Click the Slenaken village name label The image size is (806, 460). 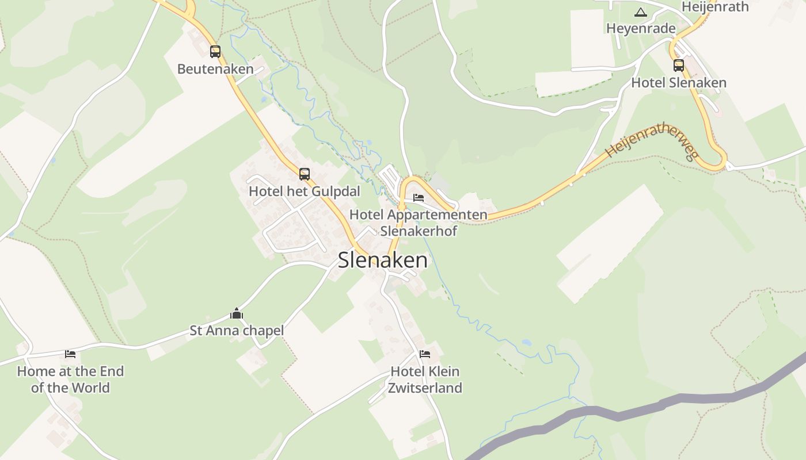tap(383, 260)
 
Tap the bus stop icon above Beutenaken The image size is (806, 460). tap(215, 52)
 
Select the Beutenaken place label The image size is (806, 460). tap(215, 69)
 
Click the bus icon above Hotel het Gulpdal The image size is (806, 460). tap(305, 174)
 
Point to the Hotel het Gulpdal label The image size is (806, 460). tap(305, 191)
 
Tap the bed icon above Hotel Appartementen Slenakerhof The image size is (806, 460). tap(419, 198)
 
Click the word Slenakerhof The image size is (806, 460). tap(419, 231)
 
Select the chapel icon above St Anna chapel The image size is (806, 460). tap(237, 314)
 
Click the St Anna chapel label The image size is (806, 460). tap(237, 331)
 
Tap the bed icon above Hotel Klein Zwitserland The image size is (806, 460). tap(425, 354)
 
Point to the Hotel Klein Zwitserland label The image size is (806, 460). tap(425, 379)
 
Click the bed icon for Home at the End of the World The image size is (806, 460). tap(70, 354)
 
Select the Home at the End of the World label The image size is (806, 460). tap(70, 379)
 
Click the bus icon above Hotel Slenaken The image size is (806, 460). tap(679, 66)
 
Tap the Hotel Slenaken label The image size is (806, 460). tap(679, 83)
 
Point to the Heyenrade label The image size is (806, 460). tap(641, 29)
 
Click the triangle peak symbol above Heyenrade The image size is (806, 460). tap(640, 12)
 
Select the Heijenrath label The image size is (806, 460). tap(715, 7)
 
